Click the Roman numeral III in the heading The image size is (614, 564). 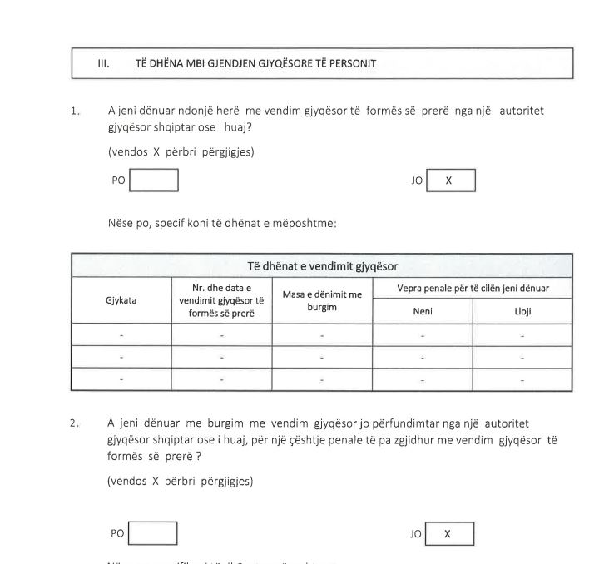[104, 63]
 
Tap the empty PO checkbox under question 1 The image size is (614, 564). [154, 180]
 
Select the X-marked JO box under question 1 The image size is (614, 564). [450, 181]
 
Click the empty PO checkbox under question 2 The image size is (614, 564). [153, 533]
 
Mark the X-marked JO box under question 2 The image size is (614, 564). [449, 533]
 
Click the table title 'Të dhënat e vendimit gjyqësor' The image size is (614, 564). [322, 266]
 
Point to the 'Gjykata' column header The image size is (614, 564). [121, 300]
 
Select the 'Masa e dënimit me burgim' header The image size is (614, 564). [322, 300]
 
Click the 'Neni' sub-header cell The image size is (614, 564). [423, 311]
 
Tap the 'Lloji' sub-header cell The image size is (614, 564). [522, 311]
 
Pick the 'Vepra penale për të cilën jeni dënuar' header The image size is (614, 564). [473, 289]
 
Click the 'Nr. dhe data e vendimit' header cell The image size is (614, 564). [221, 300]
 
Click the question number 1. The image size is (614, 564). [76, 111]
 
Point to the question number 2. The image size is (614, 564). [76, 423]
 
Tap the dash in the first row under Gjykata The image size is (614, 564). [121, 335]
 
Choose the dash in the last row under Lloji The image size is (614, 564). [522, 379]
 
